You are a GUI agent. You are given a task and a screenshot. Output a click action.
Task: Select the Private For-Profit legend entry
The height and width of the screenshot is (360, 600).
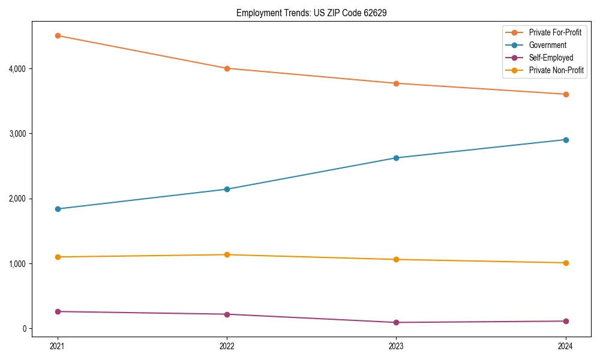click(555, 32)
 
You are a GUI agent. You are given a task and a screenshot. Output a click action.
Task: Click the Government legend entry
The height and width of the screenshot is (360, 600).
click(547, 45)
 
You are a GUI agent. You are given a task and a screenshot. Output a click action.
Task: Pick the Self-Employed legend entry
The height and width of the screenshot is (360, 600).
click(551, 58)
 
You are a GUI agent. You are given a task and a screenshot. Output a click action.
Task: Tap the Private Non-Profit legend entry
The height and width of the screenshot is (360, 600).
click(556, 70)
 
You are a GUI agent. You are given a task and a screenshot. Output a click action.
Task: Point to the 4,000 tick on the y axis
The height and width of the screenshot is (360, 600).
click(17, 69)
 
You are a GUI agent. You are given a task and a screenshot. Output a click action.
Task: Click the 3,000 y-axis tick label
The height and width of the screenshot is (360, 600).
click(17, 134)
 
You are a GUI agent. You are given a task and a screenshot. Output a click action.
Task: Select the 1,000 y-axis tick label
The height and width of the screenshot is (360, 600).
click(17, 264)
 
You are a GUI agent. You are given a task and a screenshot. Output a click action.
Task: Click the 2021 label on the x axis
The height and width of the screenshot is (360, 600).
click(58, 346)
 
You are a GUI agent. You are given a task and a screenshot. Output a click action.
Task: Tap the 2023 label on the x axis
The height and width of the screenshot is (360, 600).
click(396, 346)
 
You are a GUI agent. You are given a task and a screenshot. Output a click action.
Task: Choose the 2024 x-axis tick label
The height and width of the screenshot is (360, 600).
click(565, 346)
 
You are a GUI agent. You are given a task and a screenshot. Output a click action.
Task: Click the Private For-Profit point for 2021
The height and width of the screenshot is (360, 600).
click(58, 35)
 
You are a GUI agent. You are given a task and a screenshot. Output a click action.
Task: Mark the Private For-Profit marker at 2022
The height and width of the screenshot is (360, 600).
click(227, 68)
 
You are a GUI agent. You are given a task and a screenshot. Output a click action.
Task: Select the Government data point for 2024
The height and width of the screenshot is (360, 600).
click(565, 140)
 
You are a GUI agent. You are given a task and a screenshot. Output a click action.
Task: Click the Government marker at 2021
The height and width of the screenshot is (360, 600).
click(58, 209)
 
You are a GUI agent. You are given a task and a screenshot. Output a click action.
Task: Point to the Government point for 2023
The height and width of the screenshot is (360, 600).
click(396, 158)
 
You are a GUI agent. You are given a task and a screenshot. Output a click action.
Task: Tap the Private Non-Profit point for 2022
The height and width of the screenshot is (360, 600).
click(227, 255)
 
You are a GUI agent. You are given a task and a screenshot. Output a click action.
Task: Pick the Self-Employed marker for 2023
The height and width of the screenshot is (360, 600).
click(396, 322)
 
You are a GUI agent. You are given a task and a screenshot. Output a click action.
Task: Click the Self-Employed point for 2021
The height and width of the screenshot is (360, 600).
click(58, 311)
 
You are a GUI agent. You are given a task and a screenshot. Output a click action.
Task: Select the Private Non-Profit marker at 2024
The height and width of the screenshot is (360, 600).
click(565, 263)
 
